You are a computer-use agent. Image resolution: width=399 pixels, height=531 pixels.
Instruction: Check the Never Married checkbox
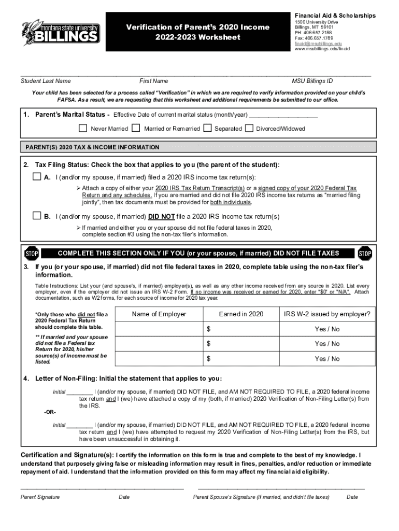pos(83,128)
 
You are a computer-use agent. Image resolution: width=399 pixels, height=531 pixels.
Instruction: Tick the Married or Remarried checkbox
pos(136,128)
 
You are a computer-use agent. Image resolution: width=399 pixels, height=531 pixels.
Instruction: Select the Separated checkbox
pos(207,128)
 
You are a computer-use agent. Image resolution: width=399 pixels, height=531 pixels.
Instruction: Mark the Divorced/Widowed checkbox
pos(249,128)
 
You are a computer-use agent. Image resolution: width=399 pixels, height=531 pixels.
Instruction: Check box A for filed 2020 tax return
pos(36,177)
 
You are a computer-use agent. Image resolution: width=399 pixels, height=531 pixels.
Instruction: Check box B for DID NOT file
pos(36,216)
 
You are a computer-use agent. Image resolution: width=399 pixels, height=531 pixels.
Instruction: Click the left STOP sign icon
pos(32,254)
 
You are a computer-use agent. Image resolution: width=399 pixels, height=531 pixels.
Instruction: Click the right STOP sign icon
pos(365,254)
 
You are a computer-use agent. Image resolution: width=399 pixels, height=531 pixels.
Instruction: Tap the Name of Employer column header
pos(159,314)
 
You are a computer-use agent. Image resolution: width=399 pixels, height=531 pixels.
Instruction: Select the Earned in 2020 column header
pos(241,314)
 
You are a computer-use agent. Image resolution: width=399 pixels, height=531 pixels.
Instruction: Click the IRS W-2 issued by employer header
pos(327,314)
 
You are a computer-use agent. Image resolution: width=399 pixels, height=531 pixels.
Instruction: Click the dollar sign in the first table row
pos(209,329)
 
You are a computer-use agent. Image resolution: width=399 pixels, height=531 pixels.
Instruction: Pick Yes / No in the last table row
pos(327,359)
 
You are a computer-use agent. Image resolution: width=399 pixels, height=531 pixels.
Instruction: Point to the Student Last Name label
pos(46,81)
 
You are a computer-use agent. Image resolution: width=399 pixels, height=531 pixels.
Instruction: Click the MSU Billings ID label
pos(312,81)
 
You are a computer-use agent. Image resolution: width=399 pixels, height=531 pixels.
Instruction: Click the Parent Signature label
pos(40,497)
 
